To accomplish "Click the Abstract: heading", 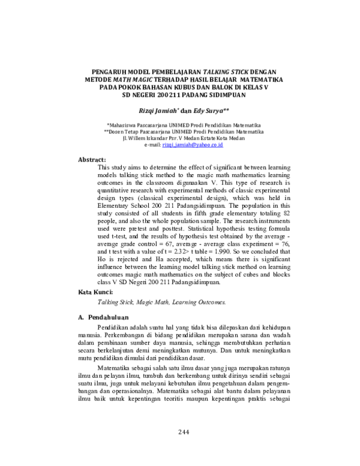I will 92,159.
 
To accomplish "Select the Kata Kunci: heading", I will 95,291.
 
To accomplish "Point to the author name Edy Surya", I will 208,110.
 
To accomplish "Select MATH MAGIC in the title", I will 130,79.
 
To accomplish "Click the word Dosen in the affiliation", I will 118,131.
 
